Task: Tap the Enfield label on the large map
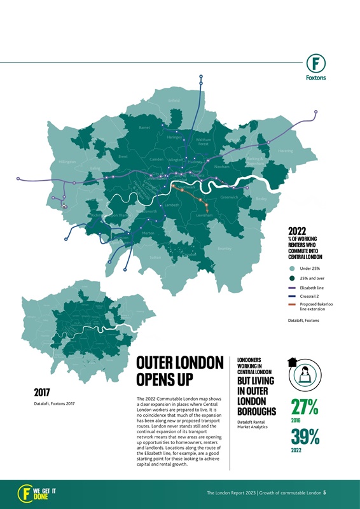tap(174, 101)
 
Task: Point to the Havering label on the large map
tap(286, 151)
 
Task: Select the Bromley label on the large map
tap(223, 248)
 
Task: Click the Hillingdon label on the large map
tap(67, 162)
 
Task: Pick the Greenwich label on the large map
tap(229, 197)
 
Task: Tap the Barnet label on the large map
tap(144, 127)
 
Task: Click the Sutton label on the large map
tap(155, 258)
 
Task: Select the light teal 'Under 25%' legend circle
tap(292, 269)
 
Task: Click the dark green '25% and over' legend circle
tap(292, 279)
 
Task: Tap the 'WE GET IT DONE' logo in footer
tap(38, 492)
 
